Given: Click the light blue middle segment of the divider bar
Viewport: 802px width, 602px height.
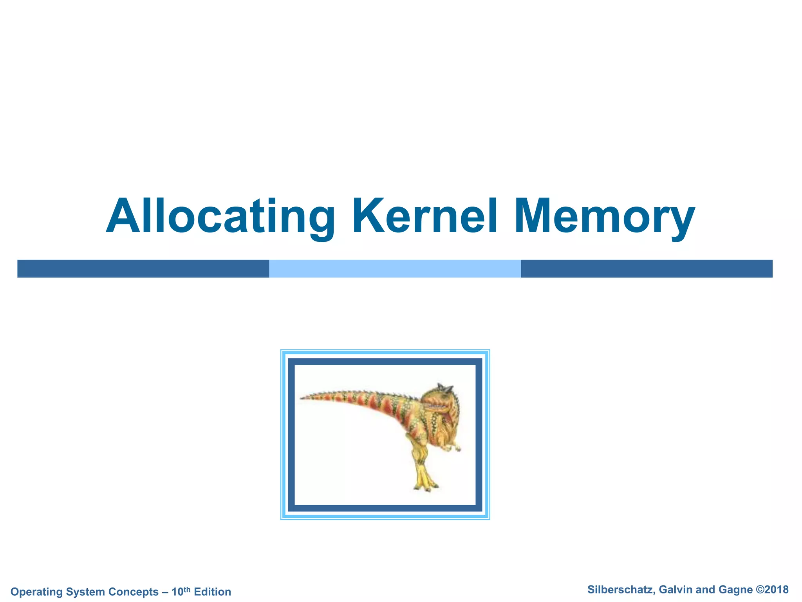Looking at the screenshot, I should (x=395, y=268).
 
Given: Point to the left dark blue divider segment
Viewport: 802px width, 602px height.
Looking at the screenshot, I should (x=143, y=268).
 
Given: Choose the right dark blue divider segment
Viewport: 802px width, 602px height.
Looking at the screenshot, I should (x=646, y=268).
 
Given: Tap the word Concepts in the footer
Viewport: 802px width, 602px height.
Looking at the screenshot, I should (x=134, y=592).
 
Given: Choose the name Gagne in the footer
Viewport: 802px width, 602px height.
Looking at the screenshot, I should (x=736, y=590).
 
